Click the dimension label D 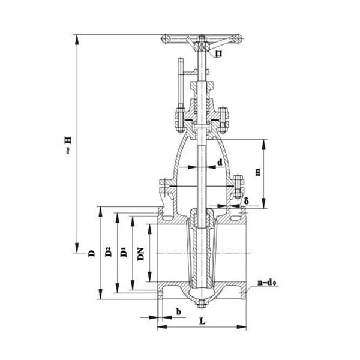tap(91, 253)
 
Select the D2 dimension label tap(109, 253)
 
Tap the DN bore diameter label tap(140, 254)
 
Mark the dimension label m tap(257, 172)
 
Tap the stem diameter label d tap(220, 162)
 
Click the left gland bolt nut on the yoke tap(178, 115)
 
